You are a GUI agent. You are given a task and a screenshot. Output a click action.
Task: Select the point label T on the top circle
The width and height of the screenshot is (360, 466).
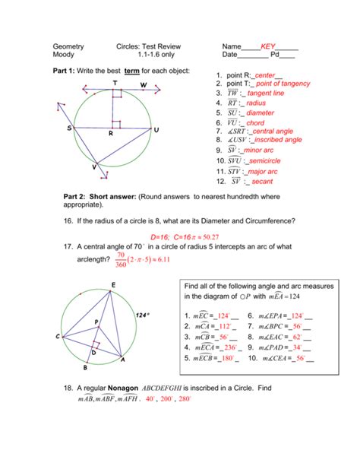(x=115, y=83)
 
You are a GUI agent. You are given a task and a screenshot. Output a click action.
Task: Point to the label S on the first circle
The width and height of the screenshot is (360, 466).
(x=69, y=128)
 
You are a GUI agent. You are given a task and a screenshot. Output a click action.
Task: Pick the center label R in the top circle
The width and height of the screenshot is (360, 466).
(x=110, y=134)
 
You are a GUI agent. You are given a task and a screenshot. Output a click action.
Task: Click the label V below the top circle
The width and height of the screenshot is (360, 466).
(x=94, y=166)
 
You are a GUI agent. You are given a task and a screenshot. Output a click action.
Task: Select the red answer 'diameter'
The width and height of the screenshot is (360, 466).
(x=261, y=112)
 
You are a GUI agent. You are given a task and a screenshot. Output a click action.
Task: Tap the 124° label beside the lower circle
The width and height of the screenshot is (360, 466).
(x=143, y=314)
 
